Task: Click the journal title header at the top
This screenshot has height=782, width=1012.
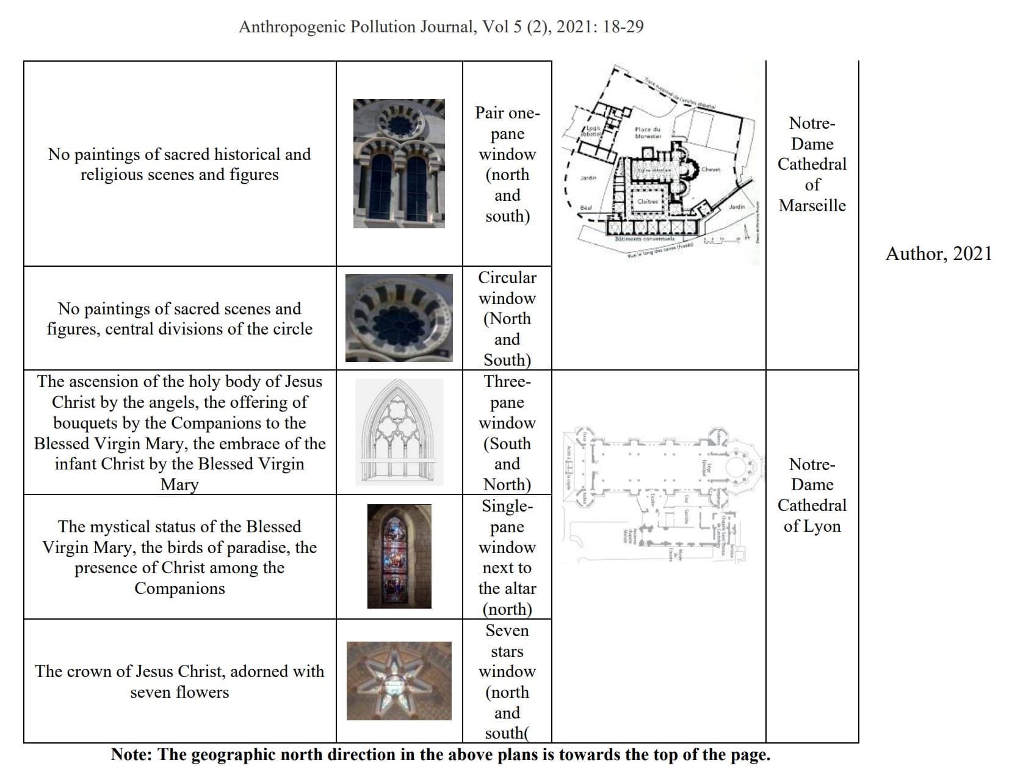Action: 441,27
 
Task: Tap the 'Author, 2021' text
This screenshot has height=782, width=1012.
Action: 938,253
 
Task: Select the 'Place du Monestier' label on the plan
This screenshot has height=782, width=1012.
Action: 647,132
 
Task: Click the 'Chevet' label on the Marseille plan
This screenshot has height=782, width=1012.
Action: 710,169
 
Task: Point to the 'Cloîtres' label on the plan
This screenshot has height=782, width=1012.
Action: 647,201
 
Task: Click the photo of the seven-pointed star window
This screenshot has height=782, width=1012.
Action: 399,681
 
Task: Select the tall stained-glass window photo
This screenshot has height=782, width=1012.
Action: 399,556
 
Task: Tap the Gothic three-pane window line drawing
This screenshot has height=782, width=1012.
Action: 399,432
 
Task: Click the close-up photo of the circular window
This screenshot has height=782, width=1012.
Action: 399,317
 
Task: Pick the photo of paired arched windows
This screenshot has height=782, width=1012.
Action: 399,164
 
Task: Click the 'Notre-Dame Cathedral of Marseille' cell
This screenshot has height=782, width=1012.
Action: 812,164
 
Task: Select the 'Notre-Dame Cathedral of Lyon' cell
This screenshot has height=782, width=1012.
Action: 812,495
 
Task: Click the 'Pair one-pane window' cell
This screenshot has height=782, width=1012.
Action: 507,164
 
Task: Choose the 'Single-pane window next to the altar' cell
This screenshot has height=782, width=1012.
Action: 507,557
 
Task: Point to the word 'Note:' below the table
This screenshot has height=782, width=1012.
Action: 132,755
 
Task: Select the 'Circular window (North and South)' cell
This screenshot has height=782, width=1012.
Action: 507,318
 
